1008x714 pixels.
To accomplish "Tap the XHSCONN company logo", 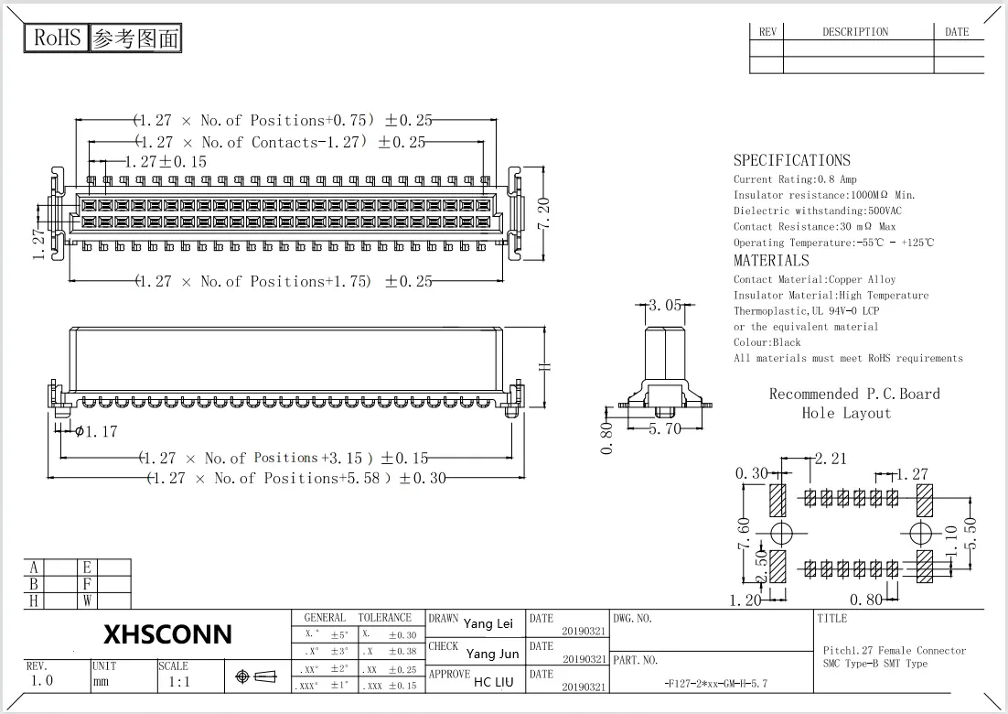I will [x=167, y=634].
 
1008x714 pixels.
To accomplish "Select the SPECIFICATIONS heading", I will [x=791, y=160].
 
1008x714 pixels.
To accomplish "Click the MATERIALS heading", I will [x=771, y=260].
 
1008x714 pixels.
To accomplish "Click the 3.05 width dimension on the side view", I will [x=664, y=306].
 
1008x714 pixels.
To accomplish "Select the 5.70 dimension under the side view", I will [x=665, y=427].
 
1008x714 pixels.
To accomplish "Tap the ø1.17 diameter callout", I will [x=96, y=432].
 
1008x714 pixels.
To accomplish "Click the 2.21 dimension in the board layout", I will [x=831, y=458].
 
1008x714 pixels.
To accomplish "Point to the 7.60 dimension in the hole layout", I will [x=744, y=534].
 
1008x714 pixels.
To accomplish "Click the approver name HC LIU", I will [x=494, y=682].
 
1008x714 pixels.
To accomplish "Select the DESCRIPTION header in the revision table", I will [x=854, y=32].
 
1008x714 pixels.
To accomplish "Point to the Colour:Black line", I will [x=767, y=342].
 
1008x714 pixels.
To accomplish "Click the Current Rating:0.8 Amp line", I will [x=795, y=179].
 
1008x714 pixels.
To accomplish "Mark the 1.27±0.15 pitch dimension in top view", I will [x=166, y=161].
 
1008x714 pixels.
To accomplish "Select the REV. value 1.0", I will [x=42, y=681].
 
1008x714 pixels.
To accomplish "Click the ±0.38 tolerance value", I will [x=402, y=652].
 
